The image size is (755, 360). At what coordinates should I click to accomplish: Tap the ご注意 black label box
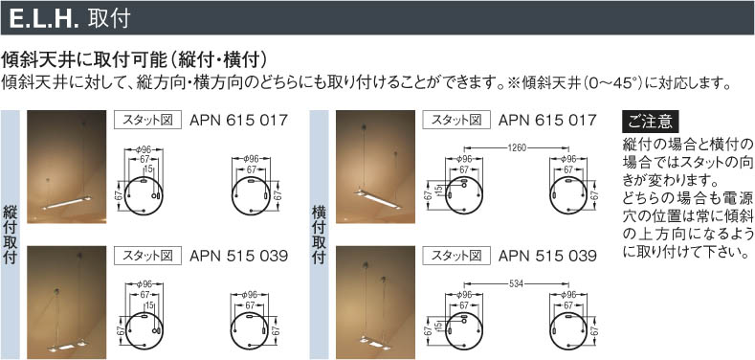(x=650, y=122)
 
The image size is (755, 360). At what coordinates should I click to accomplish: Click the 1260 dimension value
(x=517, y=147)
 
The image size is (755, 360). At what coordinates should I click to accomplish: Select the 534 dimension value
(x=517, y=282)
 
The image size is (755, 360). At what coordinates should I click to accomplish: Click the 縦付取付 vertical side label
(x=11, y=235)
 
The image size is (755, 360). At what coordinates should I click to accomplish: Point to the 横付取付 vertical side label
(x=319, y=235)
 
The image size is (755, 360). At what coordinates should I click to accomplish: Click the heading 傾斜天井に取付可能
(x=83, y=59)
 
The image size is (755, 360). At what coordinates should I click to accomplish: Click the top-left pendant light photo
(x=66, y=167)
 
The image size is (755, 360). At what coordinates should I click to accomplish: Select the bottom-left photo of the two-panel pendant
(x=66, y=303)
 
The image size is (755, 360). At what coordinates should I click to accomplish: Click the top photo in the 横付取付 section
(x=375, y=167)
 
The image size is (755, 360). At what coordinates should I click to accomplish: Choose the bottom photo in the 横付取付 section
(x=375, y=303)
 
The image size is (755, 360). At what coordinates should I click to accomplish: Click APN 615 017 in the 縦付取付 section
(x=239, y=120)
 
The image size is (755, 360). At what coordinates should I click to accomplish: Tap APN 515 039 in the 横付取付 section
(x=547, y=256)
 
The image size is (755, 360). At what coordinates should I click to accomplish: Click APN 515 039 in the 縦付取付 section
(x=239, y=256)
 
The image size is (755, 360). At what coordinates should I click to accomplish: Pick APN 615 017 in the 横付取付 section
(x=547, y=120)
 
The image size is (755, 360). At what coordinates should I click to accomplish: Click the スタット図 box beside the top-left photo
(x=147, y=120)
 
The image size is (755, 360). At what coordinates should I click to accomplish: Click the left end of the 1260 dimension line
(x=464, y=147)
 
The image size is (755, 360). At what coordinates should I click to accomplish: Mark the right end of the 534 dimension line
(x=569, y=282)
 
